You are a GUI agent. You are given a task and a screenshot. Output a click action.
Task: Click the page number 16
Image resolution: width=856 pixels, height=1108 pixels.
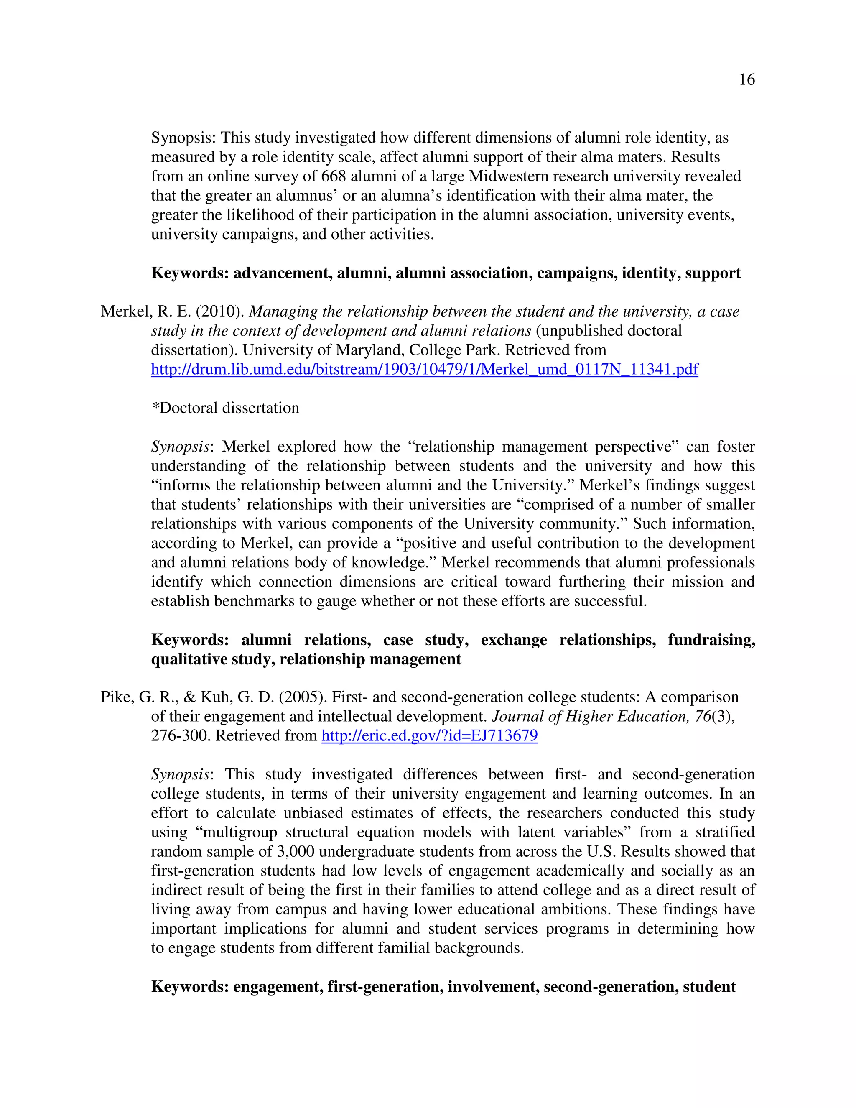(746, 79)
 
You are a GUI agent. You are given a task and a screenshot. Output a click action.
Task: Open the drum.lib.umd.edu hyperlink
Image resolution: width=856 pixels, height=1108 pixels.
(425, 369)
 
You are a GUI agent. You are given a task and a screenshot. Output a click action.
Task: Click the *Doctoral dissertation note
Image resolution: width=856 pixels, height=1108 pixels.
(225, 408)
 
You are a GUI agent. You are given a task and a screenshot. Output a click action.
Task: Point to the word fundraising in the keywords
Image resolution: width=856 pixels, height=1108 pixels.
(711, 640)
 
